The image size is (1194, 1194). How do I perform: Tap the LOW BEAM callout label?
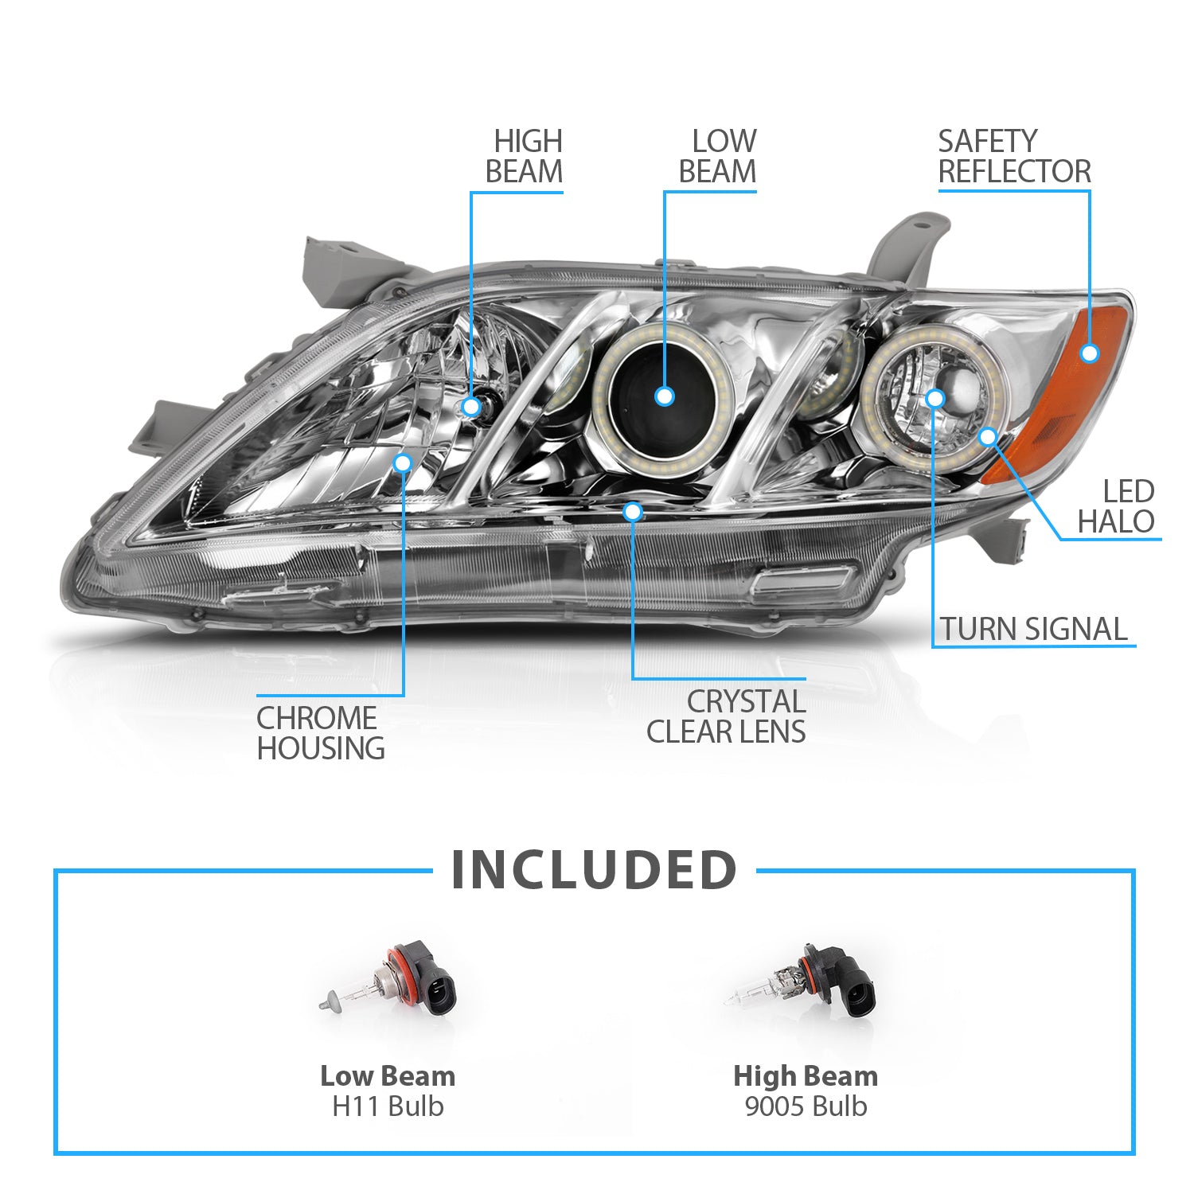click(717, 157)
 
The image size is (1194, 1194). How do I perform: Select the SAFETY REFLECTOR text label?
click(1013, 157)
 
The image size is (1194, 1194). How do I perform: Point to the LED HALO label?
click(1116, 506)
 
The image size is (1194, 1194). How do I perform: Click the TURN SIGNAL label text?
click(1033, 629)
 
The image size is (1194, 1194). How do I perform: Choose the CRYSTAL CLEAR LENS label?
click(726, 716)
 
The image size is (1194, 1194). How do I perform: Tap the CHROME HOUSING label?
click(320, 733)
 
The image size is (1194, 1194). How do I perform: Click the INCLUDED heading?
click(594, 870)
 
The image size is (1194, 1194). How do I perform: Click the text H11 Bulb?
click(388, 1106)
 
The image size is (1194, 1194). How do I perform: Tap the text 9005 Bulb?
click(806, 1106)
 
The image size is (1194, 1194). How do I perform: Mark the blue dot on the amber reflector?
click(1090, 353)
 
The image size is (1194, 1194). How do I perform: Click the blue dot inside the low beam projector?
click(665, 396)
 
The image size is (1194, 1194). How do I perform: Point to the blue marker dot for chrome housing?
click(404, 462)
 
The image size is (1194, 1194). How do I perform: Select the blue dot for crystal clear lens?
click(633, 512)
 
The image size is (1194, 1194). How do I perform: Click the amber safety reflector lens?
click(1067, 398)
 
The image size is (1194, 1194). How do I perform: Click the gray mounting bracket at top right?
click(907, 247)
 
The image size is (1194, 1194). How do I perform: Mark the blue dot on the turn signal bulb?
click(935, 398)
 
